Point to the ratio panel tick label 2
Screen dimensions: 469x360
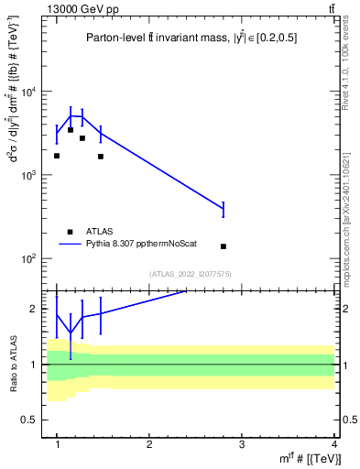[x=35, y=309]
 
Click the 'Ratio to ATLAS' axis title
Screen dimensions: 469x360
[x=12, y=364]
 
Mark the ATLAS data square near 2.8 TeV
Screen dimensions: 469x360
[x=224, y=246]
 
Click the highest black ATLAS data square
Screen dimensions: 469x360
[x=71, y=130]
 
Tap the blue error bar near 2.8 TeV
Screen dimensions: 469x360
[x=224, y=210]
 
